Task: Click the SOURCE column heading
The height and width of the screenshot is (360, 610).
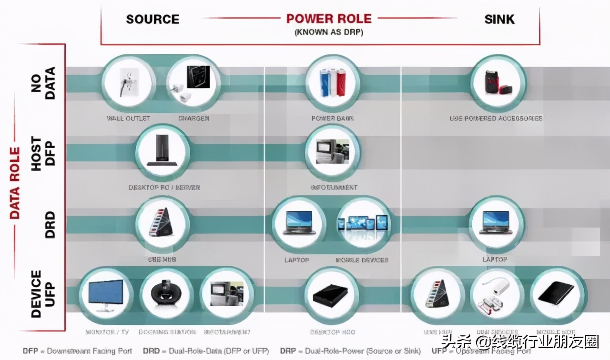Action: click(152, 19)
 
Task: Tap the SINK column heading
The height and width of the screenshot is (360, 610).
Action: click(499, 19)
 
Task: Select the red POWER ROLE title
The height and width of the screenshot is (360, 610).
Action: click(329, 19)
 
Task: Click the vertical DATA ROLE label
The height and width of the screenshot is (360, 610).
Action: click(15, 183)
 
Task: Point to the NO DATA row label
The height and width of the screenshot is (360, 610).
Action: click(43, 83)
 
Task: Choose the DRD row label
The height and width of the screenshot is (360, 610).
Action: click(49, 225)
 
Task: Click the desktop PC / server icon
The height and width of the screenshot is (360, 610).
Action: click(163, 152)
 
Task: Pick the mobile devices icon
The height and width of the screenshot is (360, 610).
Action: click(363, 224)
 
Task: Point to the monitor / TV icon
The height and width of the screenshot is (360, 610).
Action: click(106, 293)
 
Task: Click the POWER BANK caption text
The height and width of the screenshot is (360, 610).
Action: click(333, 118)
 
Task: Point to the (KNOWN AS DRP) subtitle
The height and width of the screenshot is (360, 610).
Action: click(328, 32)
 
